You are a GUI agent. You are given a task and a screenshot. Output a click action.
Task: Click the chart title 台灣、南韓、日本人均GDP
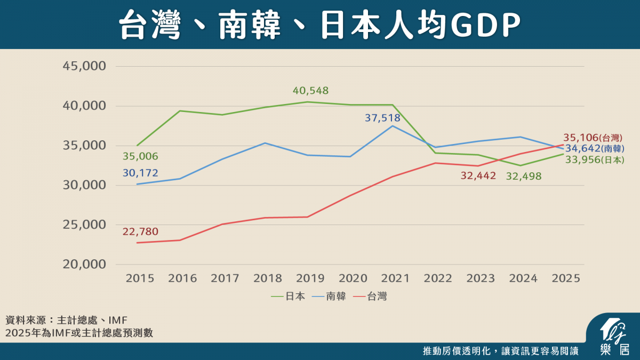[x=319, y=25]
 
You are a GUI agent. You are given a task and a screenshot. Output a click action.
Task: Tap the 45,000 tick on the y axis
[x=85, y=66]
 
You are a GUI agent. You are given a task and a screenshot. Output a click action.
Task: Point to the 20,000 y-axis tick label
[x=85, y=265]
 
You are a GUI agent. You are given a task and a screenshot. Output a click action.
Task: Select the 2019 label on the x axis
[x=310, y=278]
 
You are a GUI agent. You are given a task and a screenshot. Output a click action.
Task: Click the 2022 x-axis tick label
[x=437, y=278]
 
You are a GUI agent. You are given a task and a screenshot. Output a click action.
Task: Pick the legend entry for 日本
[x=289, y=297]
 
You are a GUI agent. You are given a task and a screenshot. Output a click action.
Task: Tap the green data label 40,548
[x=310, y=91]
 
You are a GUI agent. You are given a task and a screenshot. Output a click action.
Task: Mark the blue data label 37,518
[x=383, y=118]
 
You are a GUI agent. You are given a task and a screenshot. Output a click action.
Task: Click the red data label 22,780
[x=140, y=231]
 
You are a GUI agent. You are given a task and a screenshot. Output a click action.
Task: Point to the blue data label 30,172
[x=140, y=173]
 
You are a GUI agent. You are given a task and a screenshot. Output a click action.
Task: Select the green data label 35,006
[x=140, y=156]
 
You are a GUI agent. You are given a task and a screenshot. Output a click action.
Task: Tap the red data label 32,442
[x=478, y=175]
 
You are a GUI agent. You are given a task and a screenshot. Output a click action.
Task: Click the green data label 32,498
[x=524, y=175]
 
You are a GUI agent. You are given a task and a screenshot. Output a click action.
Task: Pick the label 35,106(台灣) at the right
[x=593, y=138]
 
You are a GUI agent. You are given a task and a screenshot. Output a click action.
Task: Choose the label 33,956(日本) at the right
[x=594, y=159]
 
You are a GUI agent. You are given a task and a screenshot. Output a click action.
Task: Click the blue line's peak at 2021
[x=393, y=126]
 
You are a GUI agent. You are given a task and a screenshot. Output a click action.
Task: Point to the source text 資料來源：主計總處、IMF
[x=66, y=321]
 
